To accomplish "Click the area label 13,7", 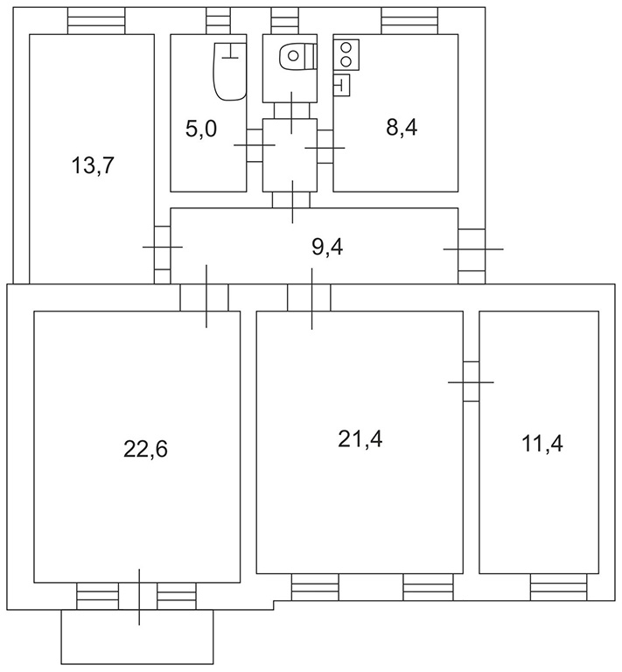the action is pyautogui.click(x=93, y=165).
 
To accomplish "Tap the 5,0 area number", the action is pyautogui.click(x=201, y=129).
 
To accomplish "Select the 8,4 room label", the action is pyautogui.click(x=402, y=127).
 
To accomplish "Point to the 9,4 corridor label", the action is pyautogui.click(x=327, y=248).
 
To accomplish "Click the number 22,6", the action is pyautogui.click(x=145, y=449).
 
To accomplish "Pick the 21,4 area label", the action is pyautogui.click(x=360, y=439).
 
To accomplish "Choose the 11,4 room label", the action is pyautogui.click(x=542, y=443).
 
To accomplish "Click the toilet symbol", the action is pyautogui.click(x=298, y=56).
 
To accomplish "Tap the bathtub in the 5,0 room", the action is pyautogui.click(x=229, y=71).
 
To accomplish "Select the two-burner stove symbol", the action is pyautogui.click(x=346, y=54).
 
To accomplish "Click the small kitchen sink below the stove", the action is pyautogui.click(x=341, y=85).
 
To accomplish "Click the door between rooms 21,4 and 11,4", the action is pyautogui.click(x=472, y=381).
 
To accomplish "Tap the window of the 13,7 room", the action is pyautogui.click(x=96, y=21).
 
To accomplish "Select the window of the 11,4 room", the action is pyautogui.click(x=559, y=587).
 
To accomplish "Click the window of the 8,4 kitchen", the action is pyautogui.click(x=410, y=21).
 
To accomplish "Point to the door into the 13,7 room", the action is pyautogui.click(x=163, y=248).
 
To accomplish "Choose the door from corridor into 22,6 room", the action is pyautogui.click(x=205, y=297).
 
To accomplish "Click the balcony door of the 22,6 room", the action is pyautogui.click(x=138, y=596).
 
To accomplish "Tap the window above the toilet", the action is pyautogui.click(x=285, y=21).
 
